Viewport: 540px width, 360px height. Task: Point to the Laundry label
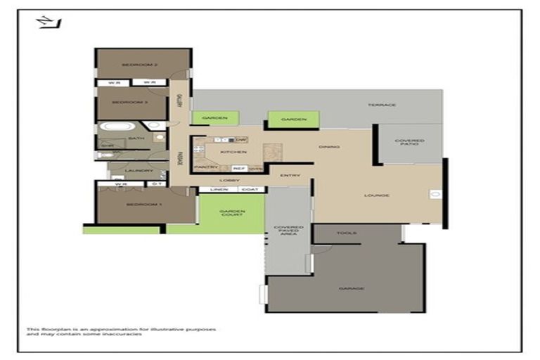point(139,170)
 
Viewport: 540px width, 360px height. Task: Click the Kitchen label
point(233,152)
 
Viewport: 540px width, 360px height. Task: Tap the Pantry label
point(205,167)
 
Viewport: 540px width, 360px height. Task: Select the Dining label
point(328,147)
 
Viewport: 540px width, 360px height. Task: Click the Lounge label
point(377,195)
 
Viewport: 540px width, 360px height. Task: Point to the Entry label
point(290,175)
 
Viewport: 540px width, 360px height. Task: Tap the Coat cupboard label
point(250,189)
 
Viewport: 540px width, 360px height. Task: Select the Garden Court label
point(231,212)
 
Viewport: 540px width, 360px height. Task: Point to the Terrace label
point(382,105)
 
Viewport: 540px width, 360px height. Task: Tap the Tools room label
point(347,233)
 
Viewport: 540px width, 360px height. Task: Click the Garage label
point(349,288)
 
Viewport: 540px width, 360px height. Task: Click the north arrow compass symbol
point(49,22)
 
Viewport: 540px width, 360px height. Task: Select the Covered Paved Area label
point(288,230)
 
